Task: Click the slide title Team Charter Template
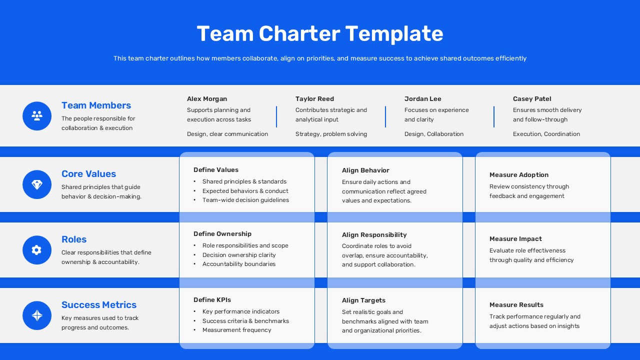320,33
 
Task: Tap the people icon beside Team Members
37,116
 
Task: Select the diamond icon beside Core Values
37,184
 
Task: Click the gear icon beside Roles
37,250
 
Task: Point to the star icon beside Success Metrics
37,315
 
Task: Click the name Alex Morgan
207,99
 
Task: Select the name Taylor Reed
314,99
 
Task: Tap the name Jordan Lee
423,99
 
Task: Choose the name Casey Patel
532,99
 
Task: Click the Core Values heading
88,174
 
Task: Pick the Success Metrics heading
99,305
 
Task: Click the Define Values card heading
216,170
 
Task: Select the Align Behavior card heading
365,170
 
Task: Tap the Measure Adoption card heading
519,175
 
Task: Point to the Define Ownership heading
222,234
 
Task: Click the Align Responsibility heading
374,235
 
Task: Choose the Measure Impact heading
515,239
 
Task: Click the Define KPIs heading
212,300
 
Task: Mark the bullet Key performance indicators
241,311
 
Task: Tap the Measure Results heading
516,305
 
